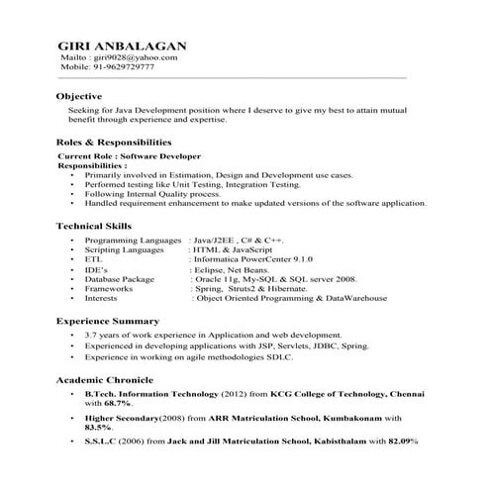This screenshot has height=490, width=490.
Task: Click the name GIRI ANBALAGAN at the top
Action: (121, 46)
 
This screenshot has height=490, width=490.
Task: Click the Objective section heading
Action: (79, 95)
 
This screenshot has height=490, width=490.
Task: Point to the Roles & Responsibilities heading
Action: (120, 143)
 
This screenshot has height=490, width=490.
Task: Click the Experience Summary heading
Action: (107, 321)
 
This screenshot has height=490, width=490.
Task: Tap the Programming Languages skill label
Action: (132, 242)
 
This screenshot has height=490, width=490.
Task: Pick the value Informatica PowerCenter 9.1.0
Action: (245, 259)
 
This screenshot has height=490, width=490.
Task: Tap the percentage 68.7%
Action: (117, 404)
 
